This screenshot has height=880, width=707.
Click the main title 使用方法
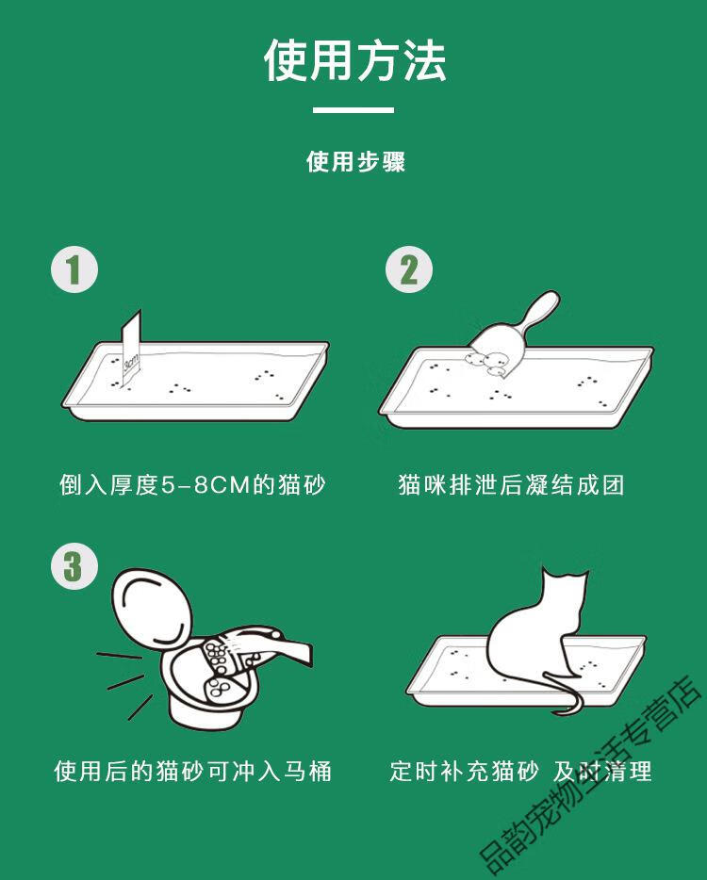[354, 60]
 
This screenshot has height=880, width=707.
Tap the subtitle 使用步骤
[355, 162]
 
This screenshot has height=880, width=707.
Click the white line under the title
[353, 110]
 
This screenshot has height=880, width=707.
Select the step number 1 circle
[74, 269]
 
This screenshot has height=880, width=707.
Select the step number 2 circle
[409, 269]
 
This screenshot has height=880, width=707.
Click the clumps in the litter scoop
[489, 362]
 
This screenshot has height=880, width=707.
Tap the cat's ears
[565, 575]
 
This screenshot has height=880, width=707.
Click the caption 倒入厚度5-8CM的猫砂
[192, 485]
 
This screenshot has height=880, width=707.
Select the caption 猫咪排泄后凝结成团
[511, 485]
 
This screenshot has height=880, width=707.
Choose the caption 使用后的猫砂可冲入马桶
[192, 771]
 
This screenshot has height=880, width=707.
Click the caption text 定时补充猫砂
[464, 771]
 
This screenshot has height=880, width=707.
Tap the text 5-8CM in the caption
[206, 485]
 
